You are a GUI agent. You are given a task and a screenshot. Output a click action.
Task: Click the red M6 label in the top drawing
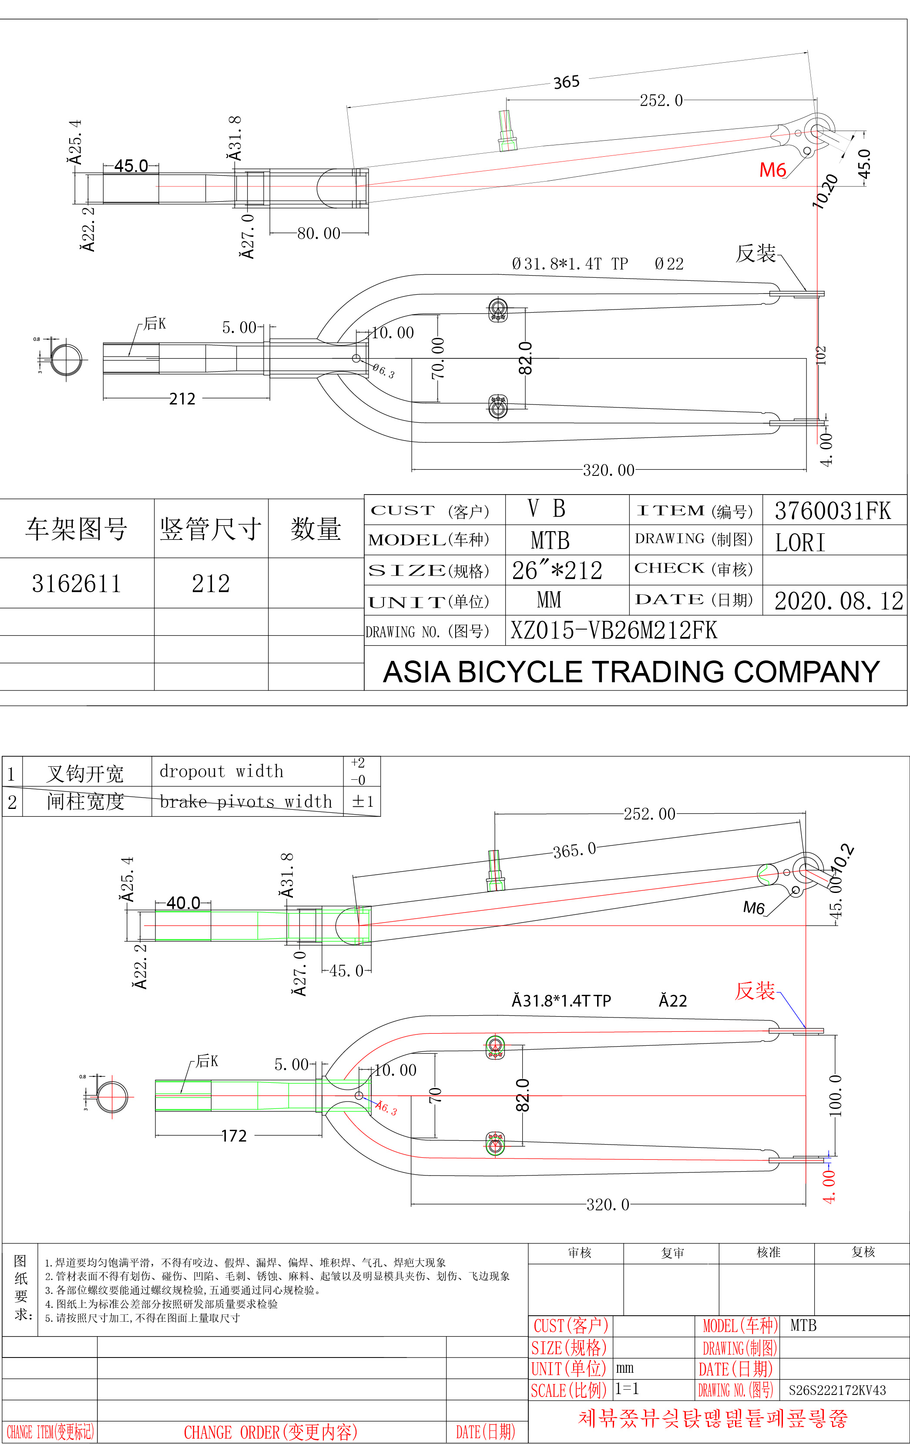pos(772,170)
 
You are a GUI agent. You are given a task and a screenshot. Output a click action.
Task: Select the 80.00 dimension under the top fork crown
pos(319,233)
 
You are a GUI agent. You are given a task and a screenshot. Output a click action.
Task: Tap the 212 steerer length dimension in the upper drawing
pos(182,399)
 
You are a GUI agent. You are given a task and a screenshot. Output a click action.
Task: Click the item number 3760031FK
pos(833,511)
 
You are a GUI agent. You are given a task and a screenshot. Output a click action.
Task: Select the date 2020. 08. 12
pos(838,601)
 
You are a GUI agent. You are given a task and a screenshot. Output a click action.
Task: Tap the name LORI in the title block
pos(799,543)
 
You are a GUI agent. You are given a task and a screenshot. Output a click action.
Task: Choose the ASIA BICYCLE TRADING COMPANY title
pos(631,672)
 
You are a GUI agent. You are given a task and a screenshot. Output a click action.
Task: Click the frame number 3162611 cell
pos(76,584)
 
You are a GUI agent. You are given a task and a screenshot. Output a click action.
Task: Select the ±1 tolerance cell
pos(363,802)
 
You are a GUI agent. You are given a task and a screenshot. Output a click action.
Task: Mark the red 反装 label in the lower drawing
pos(755,991)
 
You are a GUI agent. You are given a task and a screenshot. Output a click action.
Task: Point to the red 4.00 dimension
pos(829,1186)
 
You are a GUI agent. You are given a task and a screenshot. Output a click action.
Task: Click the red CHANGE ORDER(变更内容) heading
pos(271,1432)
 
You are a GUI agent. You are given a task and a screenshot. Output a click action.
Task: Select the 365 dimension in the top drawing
pos(566,82)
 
